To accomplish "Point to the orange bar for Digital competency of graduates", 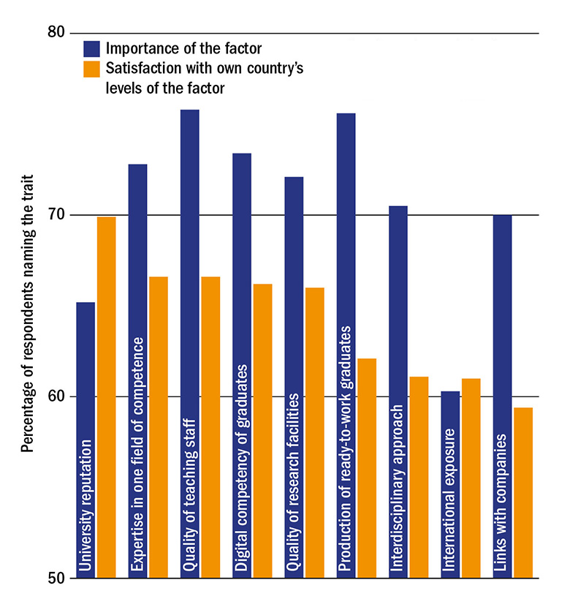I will [262, 431].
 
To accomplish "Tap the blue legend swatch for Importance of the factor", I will [91, 49].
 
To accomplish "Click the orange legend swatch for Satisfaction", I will [91, 69].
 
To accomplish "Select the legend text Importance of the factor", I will [183, 49].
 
